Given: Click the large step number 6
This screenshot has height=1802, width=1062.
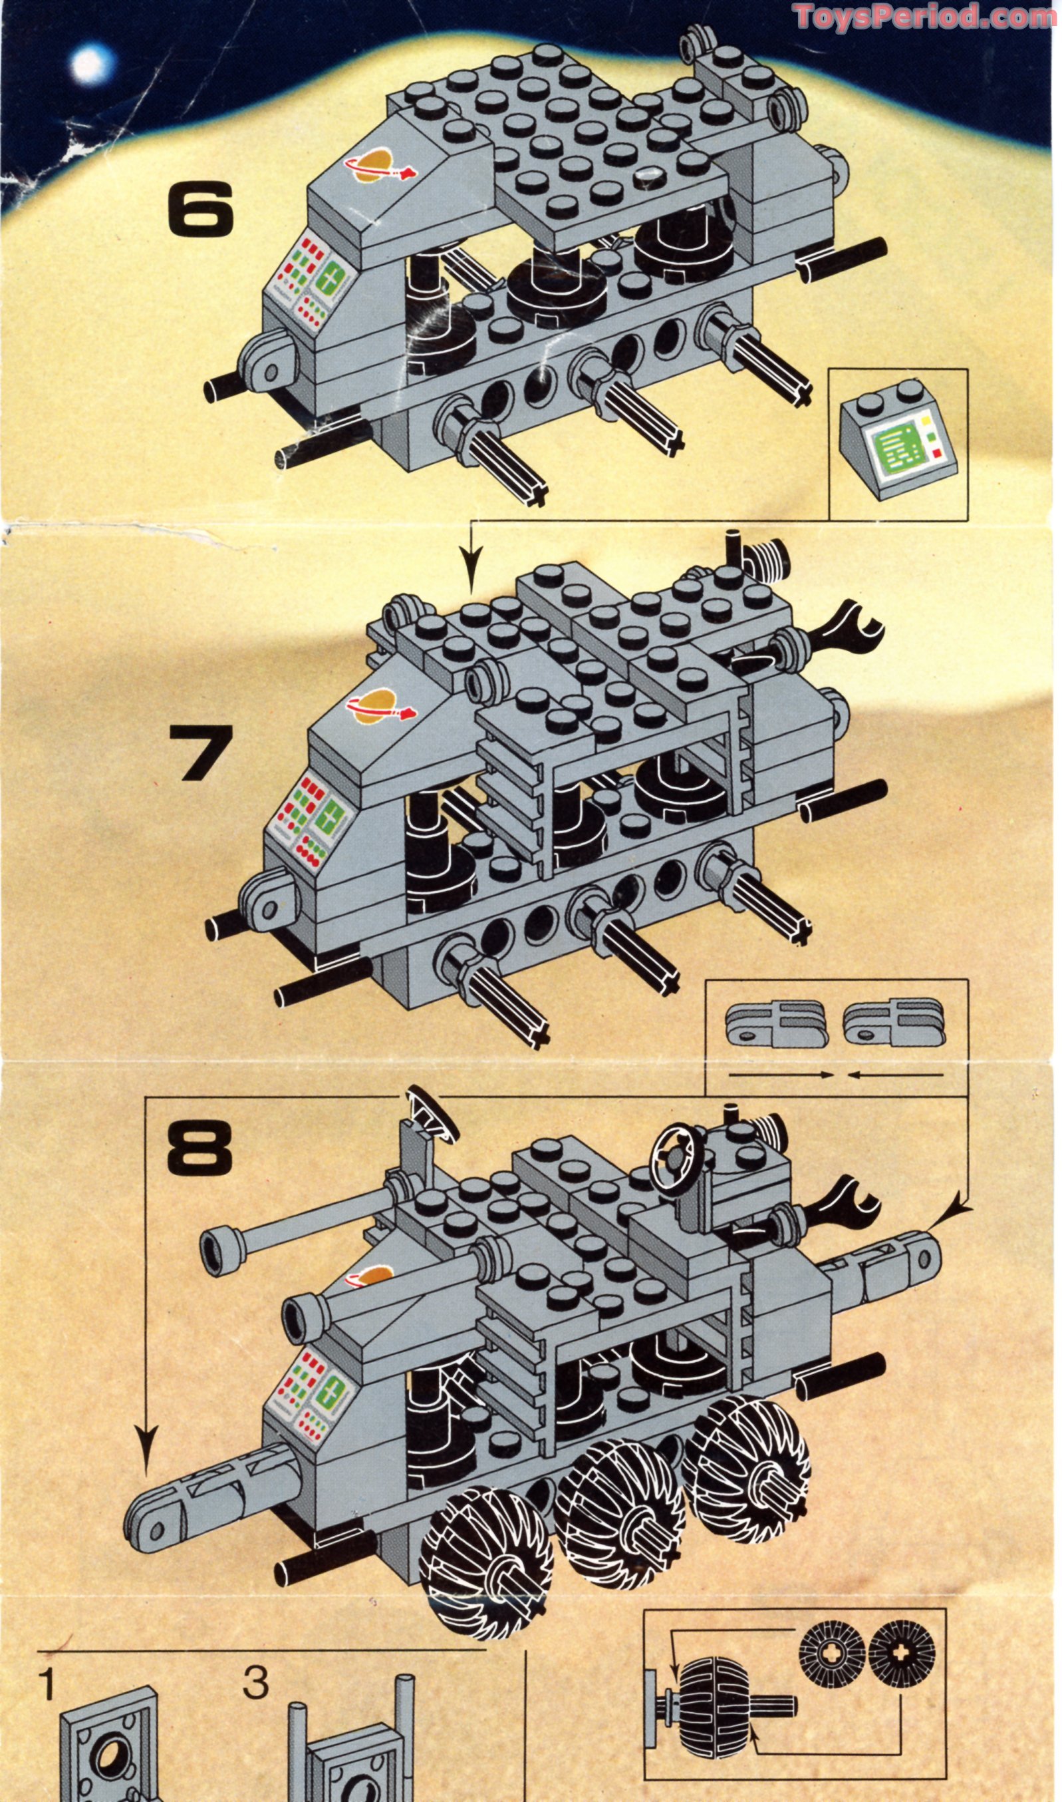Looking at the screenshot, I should click(x=200, y=208).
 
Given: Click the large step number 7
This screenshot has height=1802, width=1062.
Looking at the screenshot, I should click(x=201, y=753).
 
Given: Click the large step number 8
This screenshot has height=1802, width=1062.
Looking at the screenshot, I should click(x=199, y=1146).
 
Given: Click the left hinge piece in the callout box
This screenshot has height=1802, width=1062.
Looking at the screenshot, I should click(x=777, y=1025).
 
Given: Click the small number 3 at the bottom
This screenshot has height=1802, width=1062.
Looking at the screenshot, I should click(x=255, y=1682).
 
